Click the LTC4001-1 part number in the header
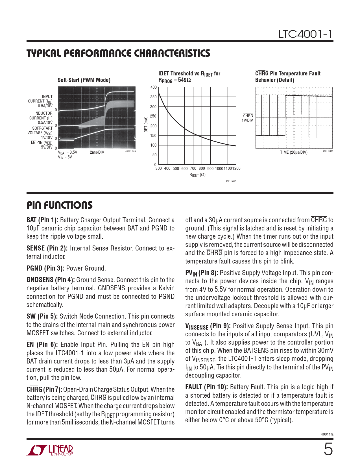pos(306,34)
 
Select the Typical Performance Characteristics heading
pos(118,53)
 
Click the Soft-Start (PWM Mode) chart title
pos(84,80)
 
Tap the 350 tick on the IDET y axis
pos(153,97)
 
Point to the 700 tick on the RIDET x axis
pos(193,168)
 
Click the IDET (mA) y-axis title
pos(146,125)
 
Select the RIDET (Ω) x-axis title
pos(197,175)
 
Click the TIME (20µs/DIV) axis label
pos(294,152)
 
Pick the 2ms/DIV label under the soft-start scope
pos(97,152)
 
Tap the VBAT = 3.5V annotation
pos(67,152)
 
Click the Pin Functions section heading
pos(60,205)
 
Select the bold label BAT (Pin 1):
pos(42,220)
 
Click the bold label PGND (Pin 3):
pos(45,268)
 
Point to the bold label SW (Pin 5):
pos(42,316)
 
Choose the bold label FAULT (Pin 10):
pos(206,387)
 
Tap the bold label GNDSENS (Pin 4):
pos(51,280)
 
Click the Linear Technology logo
pos(50,450)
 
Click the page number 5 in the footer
pos(328,449)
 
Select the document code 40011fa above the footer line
pos(327,434)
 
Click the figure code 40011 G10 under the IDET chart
pos(231,181)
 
